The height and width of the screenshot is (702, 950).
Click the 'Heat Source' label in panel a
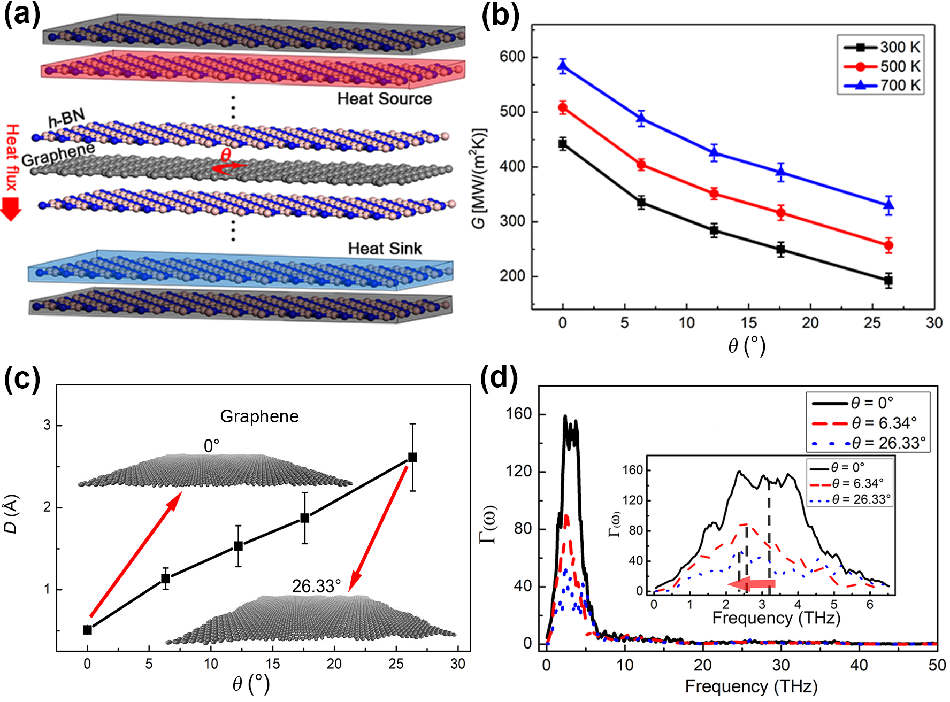pyautogui.click(x=384, y=99)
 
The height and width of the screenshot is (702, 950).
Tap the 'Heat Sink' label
pyautogui.click(x=385, y=249)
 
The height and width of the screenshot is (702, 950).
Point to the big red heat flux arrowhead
pyautogui.click(x=11, y=209)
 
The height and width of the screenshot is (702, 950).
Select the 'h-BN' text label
pyautogui.click(x=66, y=118)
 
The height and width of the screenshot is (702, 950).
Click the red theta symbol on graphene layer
pyautogui.click(x=226, y=155)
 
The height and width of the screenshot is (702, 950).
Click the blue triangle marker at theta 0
pyautogui.click(x=563, y=66)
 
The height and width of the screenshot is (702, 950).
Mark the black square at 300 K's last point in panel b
pyautogui.click(x=888, y=280)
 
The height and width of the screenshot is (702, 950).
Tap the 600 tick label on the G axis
pyautogui.click(x=512, y=57)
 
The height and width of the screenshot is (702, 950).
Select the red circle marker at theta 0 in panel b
pyautogui.click(x=563, y=108)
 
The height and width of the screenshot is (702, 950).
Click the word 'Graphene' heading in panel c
pyautogui.click(x=259, y=416)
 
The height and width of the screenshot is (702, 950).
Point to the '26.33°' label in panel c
pyautogui.click(x=316, y=587)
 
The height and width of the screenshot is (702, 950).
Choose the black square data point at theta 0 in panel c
pyautogui.click(x=87, y=630)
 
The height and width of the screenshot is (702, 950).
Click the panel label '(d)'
pyautogui.click(x=499, y=377)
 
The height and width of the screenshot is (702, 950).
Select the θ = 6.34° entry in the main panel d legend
pyautogui.click(x=867, y=423)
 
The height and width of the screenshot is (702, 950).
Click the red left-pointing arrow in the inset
pyautogui.click(x=755, y=584)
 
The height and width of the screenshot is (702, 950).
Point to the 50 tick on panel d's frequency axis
pyautogui.click(x=937, y=665)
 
